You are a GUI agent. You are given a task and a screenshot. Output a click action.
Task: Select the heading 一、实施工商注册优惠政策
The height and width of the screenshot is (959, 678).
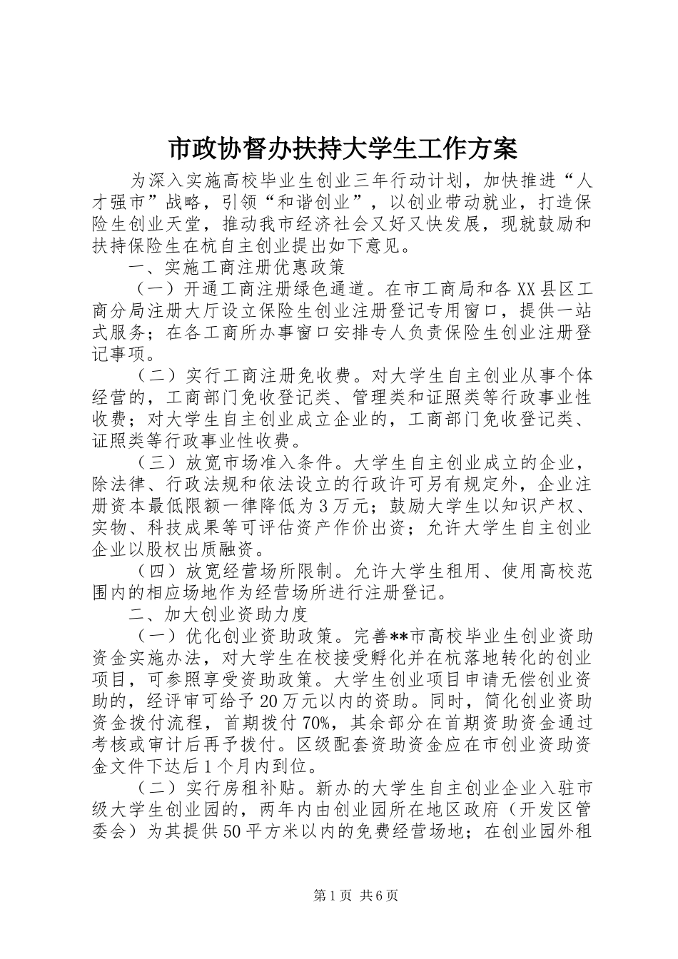pos(236,268)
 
